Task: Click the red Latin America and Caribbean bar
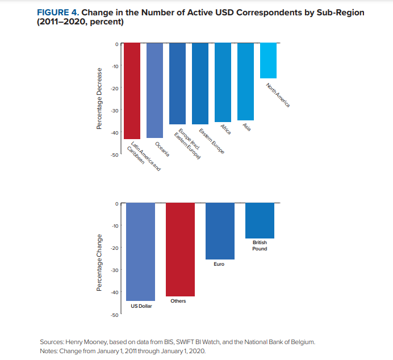pyautogui.click(x=132, y=91)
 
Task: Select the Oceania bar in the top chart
pyautogui.click(x=154, y=90)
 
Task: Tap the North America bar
pyautogui.click(x=268, y=60)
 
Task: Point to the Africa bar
pyautogui.click(x=223, y=82)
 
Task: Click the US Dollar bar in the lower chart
pyautogui.click(x=140, y=252)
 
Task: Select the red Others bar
pyautogui.click(x=180, y=249)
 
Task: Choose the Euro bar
pyautogui.click(x=220, y=231)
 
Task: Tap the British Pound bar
pyautogui.click(x=260, y=220)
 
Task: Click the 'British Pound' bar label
pyautogui.click(x=260, y=245)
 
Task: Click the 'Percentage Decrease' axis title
pyautogui.click(x=99, y=99)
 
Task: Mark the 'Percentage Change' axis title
pyautogui.click(x=99, y=262)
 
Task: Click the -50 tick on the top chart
pyautogui.click(x=115, y=154)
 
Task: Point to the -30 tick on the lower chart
pyautogui.click(x=115, y=270)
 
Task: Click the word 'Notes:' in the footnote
pyautogui.click(x=49, y=351)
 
